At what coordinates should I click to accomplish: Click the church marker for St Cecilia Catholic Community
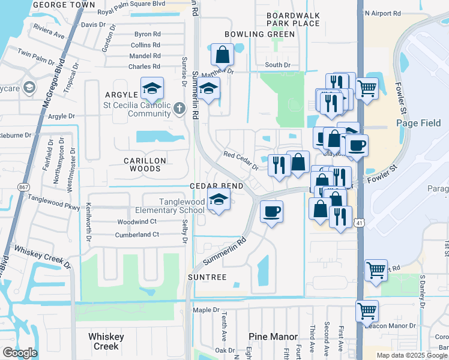click(x=179, y=109)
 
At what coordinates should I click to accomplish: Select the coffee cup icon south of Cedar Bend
click(x=271, y=212)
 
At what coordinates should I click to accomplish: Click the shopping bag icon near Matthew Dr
click(x=222, y=55)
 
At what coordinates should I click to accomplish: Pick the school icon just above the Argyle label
click(x=152, y=89)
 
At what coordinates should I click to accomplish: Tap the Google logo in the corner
click(x=20, y=352)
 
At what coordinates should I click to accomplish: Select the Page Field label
click(x=418, y=124)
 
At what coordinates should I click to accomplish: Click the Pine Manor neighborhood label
click(x=273, y=337)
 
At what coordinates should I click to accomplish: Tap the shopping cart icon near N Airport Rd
click(x=366, y=89)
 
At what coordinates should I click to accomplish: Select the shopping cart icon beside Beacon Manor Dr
click(x=367, y=311)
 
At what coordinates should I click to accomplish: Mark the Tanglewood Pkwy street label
click(x=53, y=203)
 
